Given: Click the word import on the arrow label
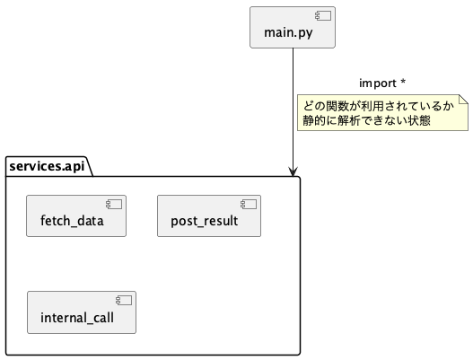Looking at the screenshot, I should click(377, 83).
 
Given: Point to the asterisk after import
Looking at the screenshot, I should click(403, 83).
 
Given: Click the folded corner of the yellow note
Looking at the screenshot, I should click(462, 99).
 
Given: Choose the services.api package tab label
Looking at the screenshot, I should click(49, 140).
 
